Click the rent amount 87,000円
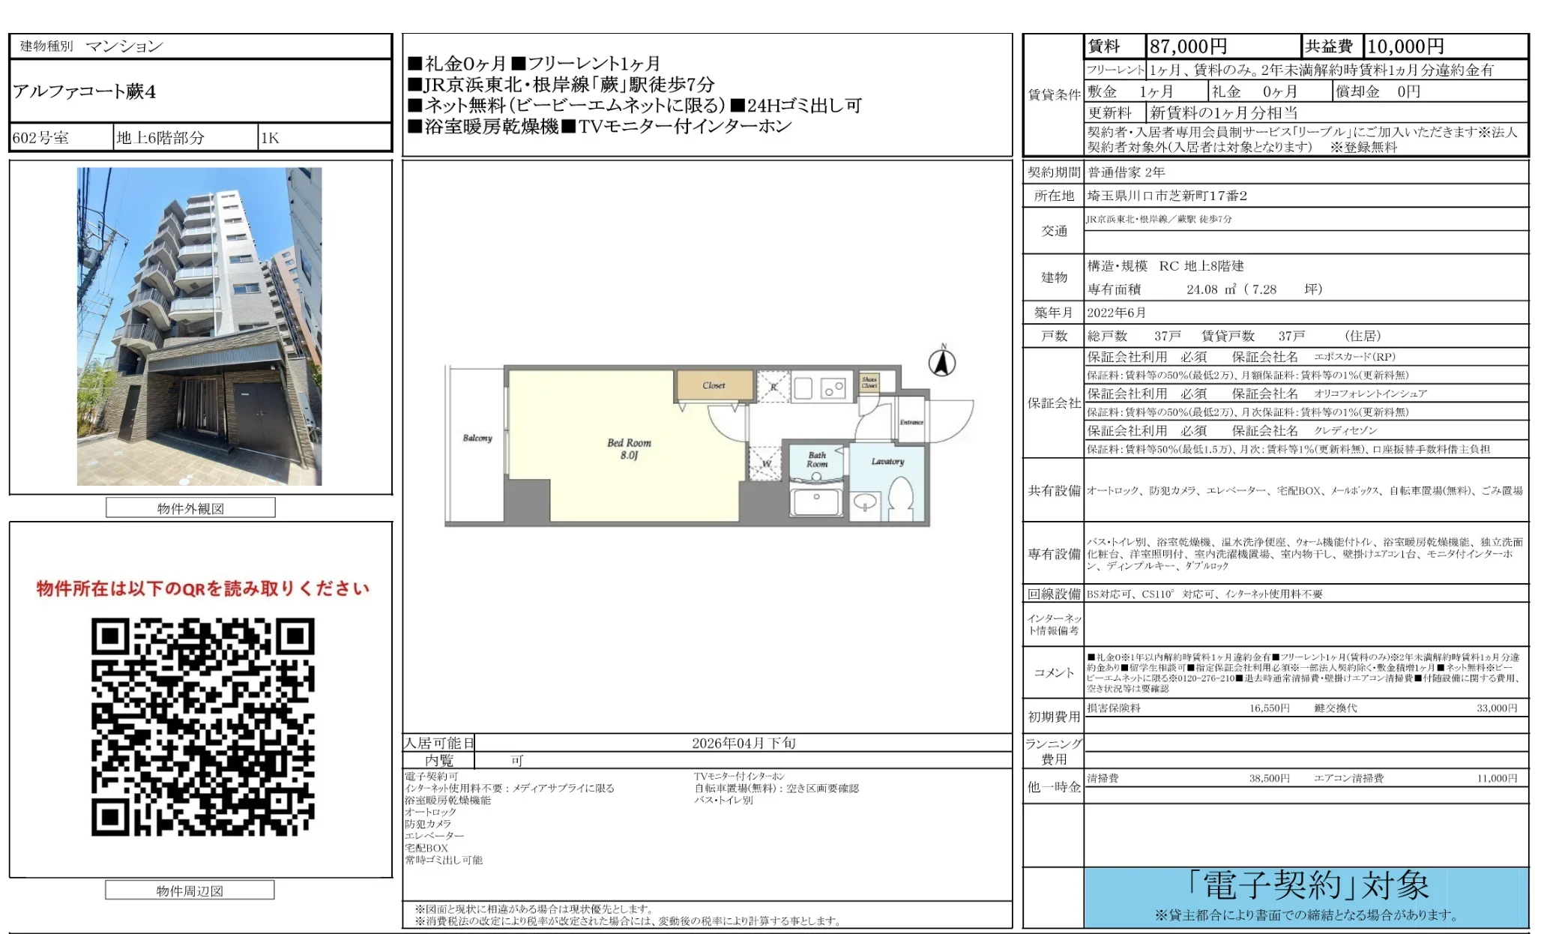coord(1188,46)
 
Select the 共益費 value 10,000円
coord(1405,46)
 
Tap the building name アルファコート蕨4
coord(85,91)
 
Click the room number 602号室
coord(40,138)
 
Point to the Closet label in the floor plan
coord(714,385)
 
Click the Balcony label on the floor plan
coord(477,438)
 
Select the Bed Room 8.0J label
coord(629,448)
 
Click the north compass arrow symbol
coord(942,362)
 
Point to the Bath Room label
coord(817,460)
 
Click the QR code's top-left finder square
coord(110,637)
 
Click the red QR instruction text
coord(202,588)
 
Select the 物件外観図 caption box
coord(190,508)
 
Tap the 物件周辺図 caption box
coord(190,891)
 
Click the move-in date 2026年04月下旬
coord(744,743)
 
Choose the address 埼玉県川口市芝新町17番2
coord(1167,196)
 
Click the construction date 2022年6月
coord(1116,313)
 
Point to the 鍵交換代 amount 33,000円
coord(1496,708)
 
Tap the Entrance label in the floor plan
coord(911,422)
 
